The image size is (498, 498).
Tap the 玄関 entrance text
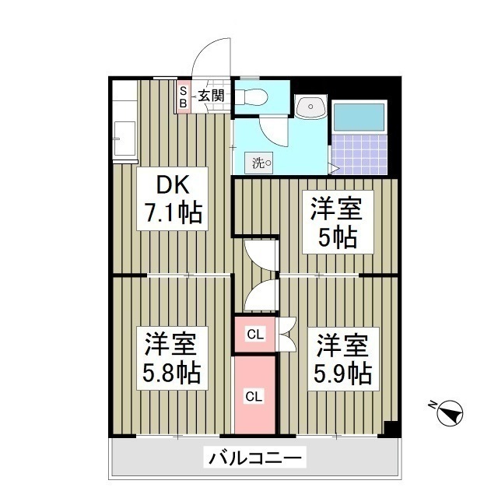(210, 96)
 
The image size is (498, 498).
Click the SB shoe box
(184, 96)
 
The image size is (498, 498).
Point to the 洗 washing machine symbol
(261, 163)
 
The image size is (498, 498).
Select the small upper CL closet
(254, 335)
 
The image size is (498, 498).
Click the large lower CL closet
(254, 395)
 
